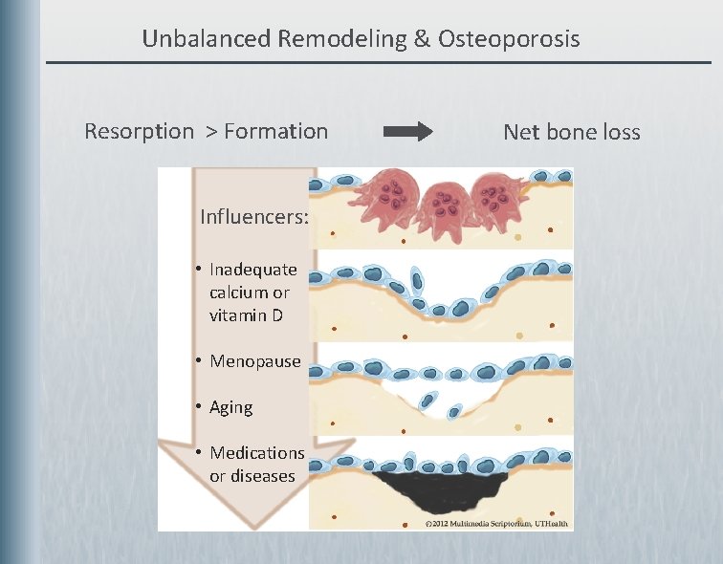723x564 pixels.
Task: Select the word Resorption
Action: coord(139,132)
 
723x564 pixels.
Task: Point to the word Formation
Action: coord(275,132)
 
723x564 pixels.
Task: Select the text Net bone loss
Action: coord(571,132)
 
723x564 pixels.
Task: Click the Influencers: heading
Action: coord(253,217)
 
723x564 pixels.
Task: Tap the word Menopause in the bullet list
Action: coord(254,361)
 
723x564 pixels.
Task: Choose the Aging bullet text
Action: coord(230,407)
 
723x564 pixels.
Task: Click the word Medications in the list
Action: coord(256,453)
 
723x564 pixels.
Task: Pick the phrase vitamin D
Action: coord(246,315)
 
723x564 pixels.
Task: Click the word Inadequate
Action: coord(252,270)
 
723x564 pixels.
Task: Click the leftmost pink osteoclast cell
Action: coord(387,196)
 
